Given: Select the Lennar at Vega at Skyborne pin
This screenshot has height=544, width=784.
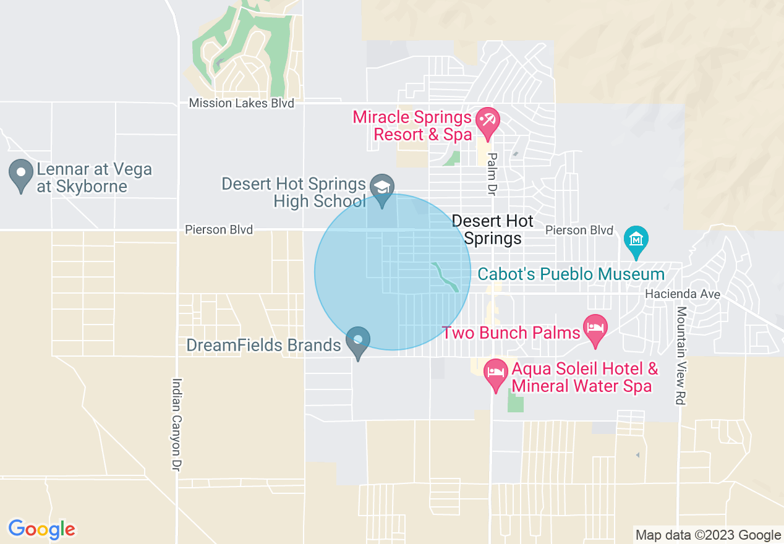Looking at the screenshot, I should tap(21, 173).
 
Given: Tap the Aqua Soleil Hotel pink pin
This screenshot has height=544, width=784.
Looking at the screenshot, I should tap(496, 373).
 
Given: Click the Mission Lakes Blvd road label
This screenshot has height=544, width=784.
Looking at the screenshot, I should tap(241, 103).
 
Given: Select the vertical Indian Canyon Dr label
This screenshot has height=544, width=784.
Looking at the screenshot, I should tap(177, 423).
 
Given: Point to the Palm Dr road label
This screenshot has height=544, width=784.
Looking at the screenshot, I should tap(492, 174).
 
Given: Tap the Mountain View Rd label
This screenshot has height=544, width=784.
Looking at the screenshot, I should tap(681, 355).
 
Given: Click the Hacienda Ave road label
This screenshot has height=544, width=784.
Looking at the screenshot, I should tap(682, 294).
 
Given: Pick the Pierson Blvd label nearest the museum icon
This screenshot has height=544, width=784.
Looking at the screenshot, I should tap(579, 230).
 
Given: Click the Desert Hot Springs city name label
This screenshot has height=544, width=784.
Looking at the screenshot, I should tap(493, 229).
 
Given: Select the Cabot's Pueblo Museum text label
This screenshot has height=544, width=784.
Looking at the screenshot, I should tap(570, 274).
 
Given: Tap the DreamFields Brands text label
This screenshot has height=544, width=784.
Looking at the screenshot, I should tap(263, 345).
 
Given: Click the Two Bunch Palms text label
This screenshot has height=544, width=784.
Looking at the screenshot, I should tap(512, 333).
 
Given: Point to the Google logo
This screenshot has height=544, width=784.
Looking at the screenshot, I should tap(41, 529).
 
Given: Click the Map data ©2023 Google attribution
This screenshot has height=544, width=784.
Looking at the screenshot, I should tap(709, 535).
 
